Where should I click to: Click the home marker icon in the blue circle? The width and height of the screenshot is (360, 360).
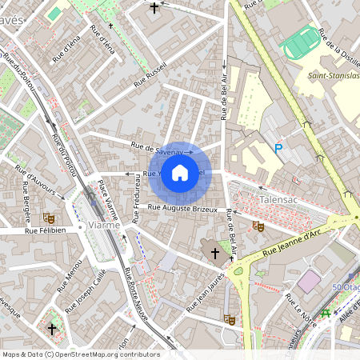tap(180, 172)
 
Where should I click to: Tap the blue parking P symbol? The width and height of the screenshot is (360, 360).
tap(278, 148)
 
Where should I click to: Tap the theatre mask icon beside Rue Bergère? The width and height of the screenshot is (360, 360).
tap(49, 217)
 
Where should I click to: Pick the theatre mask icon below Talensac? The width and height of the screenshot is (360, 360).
tap(258, 226)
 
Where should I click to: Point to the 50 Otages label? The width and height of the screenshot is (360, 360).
tap(346, 287)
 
